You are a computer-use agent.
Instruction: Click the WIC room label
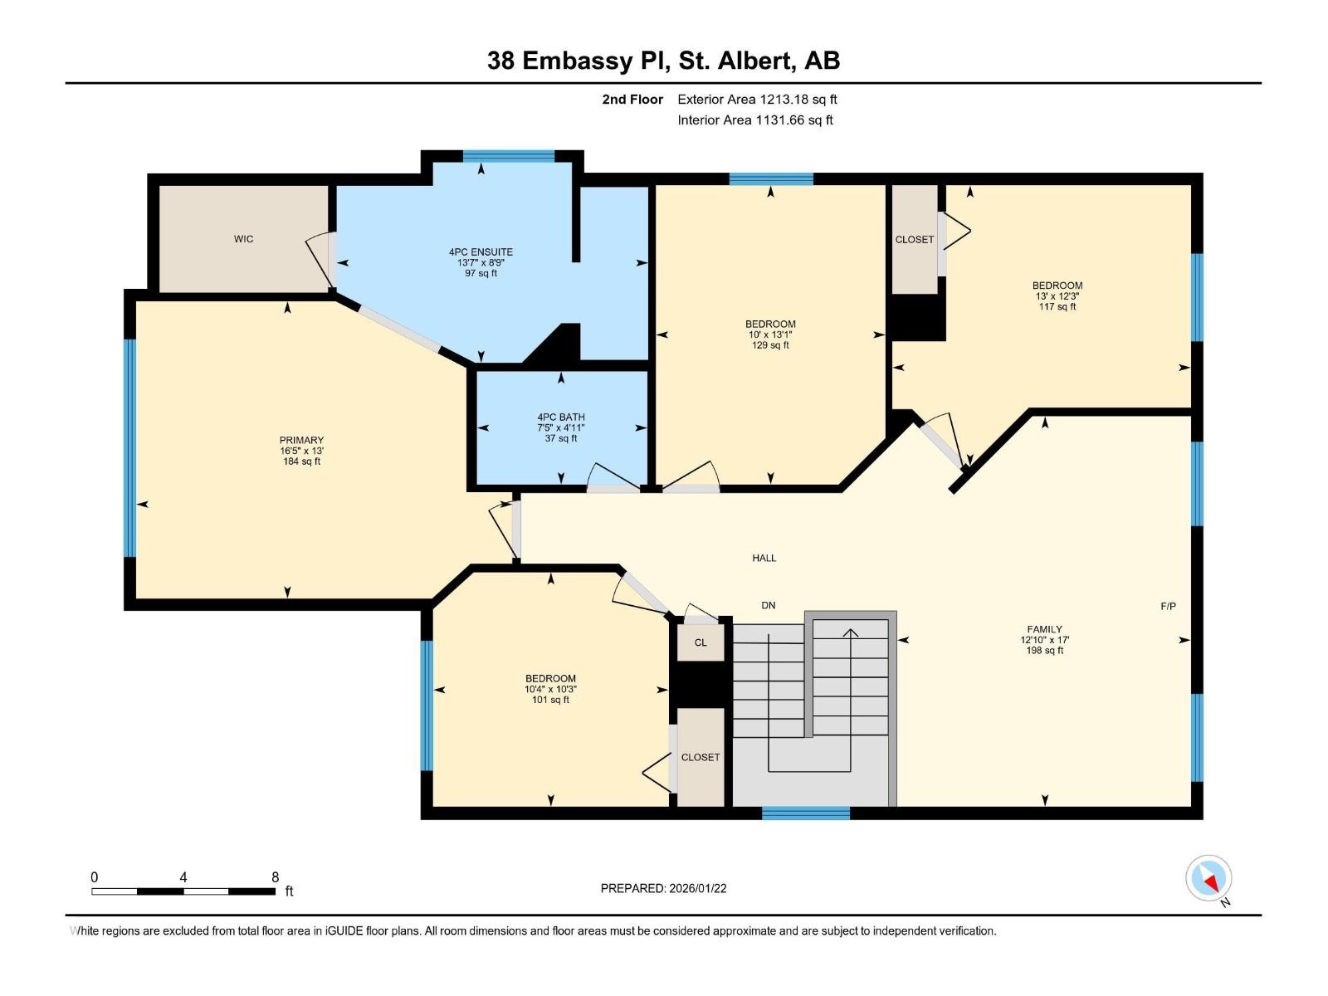tap(243, 239)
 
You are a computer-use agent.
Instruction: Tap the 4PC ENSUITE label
tap(481, 251)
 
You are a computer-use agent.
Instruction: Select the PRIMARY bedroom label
tap(301, 440)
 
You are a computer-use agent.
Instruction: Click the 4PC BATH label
tap(561, 417)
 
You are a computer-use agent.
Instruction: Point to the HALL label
tap(764, 558)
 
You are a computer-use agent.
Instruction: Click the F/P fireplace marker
tap(1168, 606)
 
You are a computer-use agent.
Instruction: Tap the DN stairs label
tap(769, 605)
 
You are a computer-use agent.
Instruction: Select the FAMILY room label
tap(1044, 629)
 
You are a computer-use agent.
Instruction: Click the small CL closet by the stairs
tap(701, 642)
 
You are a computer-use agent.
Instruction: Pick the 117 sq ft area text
tap(1057, 307)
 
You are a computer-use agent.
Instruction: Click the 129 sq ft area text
tap(770, 345)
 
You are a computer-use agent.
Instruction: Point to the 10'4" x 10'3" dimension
tap(550, 689)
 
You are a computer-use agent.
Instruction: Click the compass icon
tap(1208, 878)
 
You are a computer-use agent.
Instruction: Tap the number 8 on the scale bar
tap(275, 877)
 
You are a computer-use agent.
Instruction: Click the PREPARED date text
tap(663, 888)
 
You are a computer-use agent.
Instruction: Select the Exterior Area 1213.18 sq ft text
tap(757, 100)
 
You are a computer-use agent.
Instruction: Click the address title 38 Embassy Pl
tap(663, 61)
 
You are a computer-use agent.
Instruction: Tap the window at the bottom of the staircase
tap(805, 813)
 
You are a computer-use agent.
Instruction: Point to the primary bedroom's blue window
tap(129, 448)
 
